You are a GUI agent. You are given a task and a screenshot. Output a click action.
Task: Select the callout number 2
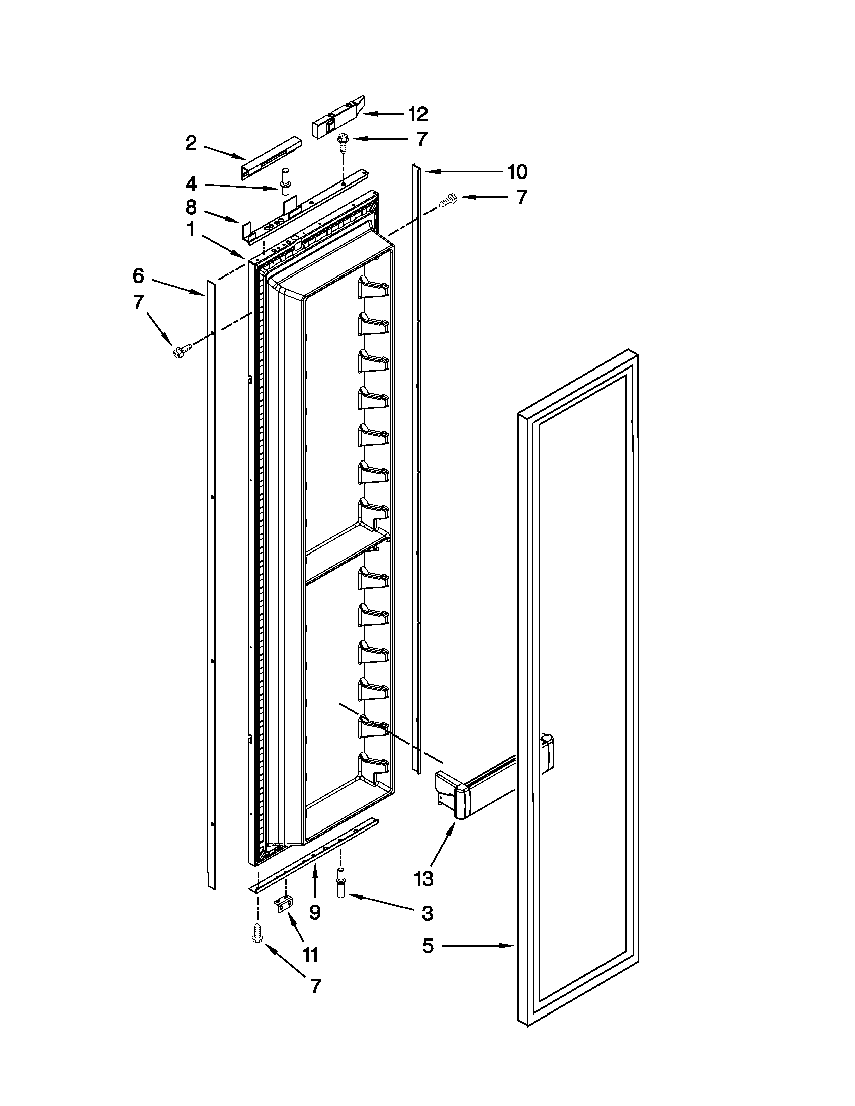[x=191, y=143]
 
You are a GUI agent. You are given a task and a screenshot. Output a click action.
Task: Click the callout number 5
[x=428, y=946]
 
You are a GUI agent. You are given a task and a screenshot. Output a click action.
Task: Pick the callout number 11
[x=310, y=955]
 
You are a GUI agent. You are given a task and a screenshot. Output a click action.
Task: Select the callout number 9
[x=314, y=912]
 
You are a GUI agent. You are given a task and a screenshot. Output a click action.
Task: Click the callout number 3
[x=427, y=914]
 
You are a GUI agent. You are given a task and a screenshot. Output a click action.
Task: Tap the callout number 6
[x=138, y=276]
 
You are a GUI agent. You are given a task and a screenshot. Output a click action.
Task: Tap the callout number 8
[x=191, y=207]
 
